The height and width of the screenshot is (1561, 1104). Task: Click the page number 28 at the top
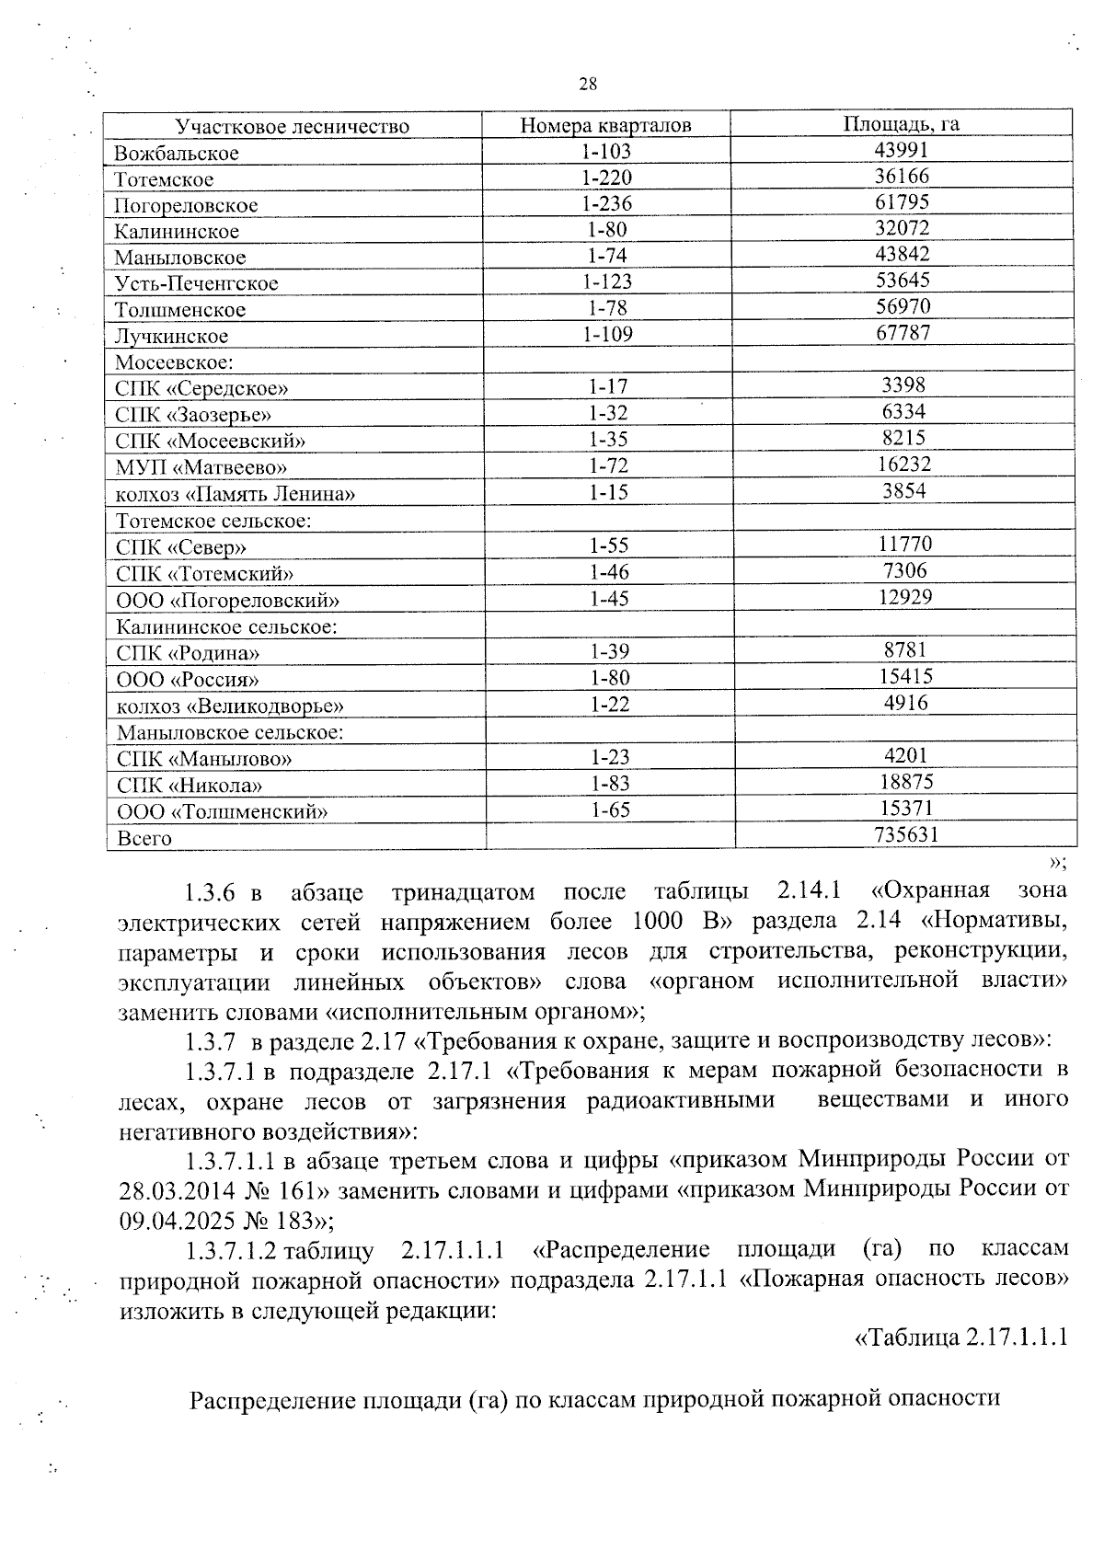588,85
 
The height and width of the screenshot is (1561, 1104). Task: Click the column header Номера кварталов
605,125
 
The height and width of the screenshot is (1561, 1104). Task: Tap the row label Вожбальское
176,153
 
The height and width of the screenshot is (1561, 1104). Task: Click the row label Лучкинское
171,336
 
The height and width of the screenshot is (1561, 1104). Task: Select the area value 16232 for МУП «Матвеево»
903,465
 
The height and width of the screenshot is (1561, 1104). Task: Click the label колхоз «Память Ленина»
235,494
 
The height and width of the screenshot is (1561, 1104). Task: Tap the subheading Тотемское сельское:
213,521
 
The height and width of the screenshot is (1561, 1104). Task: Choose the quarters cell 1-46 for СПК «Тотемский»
609,572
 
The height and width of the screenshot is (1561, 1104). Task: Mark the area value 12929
904,597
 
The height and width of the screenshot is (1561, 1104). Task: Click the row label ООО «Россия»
188,680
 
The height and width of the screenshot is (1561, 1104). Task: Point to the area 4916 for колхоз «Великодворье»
905,703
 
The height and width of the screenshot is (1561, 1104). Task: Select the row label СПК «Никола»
190,786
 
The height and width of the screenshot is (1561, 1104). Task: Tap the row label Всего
144,838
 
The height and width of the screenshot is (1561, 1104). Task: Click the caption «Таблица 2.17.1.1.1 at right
961,1337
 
